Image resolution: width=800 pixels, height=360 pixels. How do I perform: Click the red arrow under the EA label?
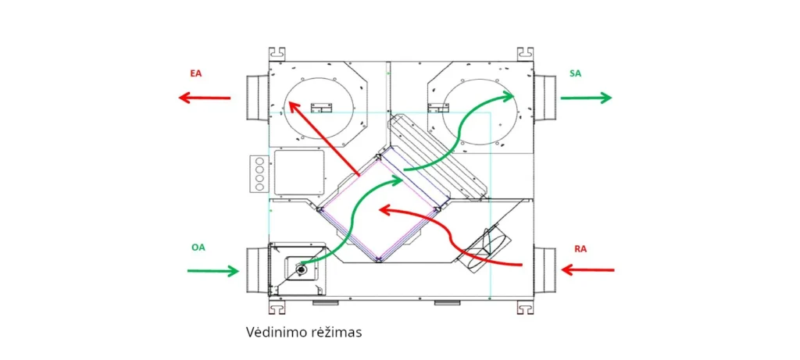pos(204,98)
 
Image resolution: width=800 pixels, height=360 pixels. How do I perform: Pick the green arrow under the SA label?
pos(585,98)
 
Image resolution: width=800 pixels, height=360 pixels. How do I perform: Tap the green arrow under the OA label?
pos(212,271)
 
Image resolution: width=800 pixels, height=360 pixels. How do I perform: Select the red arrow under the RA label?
pos(588,270)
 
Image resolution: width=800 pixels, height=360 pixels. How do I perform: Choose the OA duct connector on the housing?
pos(257,270)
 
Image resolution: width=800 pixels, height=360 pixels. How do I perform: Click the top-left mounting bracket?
pos(276,54)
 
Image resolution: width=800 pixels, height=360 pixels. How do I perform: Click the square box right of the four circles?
pos(298,173)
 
